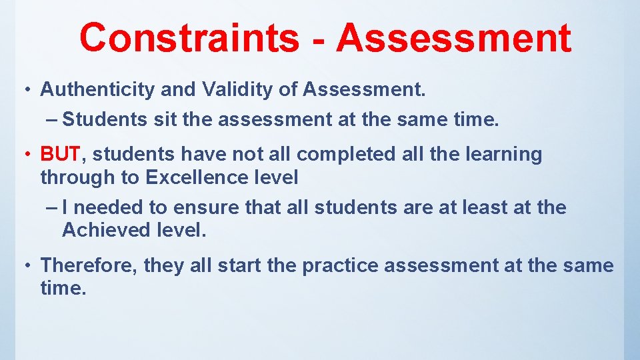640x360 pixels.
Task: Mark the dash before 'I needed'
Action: click(x=53, y=208)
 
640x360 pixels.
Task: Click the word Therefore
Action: click(x=89, y=265)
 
